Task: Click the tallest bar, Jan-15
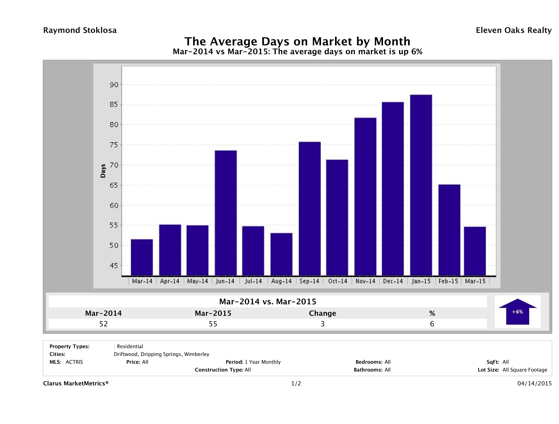point(421,185)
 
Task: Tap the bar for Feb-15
point(449,230)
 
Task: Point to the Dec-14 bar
point(393,189)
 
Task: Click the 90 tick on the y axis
point(114,85)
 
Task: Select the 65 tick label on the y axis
point(114,185)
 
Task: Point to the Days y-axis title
point(103,171)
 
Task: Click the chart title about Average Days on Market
point(297,41)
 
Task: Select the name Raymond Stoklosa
point(80,30)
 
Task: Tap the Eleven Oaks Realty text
point(513,30)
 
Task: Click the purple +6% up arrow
point(517,312)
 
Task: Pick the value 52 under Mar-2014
point(104,324)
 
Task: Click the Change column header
point(323,313)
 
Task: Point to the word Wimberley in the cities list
point(197,354)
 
